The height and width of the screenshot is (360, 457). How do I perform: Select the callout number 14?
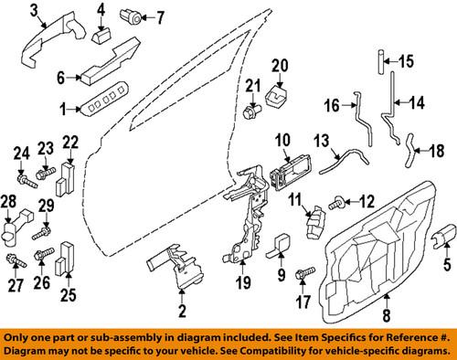(417, 101)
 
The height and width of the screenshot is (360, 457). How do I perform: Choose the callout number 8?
(385, 319)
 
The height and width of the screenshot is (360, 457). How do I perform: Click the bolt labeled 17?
(303, 270)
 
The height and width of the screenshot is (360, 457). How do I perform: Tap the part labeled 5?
(441, 238)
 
